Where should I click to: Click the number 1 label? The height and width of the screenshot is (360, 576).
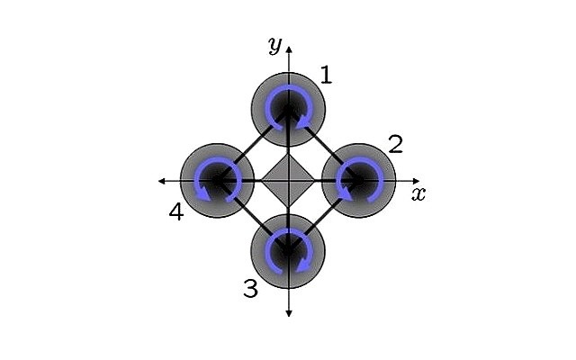click(326, 75)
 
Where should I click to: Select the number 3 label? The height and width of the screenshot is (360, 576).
click(250, 288)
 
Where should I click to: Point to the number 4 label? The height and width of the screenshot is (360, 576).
click(176, 212)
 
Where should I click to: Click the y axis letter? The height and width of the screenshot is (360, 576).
click(274, 45)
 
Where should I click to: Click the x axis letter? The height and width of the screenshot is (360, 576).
click(418, 193)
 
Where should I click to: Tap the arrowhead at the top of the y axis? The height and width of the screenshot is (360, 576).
click(289, 50)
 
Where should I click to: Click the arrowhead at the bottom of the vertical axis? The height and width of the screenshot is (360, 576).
click(289, 313)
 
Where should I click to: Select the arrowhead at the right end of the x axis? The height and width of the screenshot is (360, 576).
click(416, 181)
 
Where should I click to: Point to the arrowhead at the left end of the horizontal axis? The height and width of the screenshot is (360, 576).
click(162, 181)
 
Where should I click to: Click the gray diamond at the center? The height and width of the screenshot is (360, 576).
click(288, 180)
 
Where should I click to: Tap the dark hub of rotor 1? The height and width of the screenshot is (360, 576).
click(289, 108)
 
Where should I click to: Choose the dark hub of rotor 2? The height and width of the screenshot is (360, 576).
click(359, 180)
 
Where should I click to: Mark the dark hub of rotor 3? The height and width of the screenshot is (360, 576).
click(288, 251)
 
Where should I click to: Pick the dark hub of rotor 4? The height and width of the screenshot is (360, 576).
click(218, 180)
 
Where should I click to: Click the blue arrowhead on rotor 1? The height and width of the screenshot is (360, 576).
click(303, 122)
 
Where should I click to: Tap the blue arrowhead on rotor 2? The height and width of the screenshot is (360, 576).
click(346, 193)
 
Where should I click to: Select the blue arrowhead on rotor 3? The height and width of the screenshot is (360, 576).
click(303, 265)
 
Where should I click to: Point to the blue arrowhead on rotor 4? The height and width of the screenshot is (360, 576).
click(204, 193)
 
